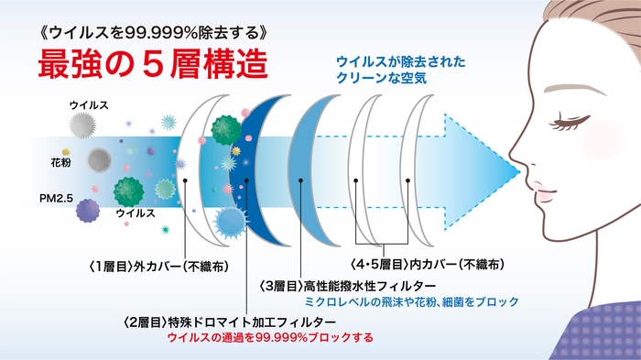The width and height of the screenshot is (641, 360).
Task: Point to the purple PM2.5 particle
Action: pyautogui.click(x=88, y=212)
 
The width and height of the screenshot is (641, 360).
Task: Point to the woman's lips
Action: pyautogui.click(x=538, y=197)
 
